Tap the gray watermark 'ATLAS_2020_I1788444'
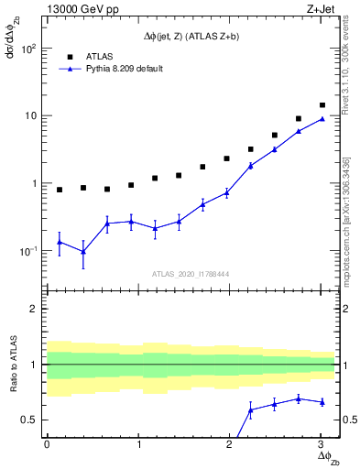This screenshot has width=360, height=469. [190, 273]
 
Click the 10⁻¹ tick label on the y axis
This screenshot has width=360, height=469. [27, 251]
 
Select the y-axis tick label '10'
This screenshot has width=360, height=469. [29, 116]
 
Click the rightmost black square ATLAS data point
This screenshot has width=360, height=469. [322, 105]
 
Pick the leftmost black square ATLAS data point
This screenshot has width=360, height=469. [60, 190]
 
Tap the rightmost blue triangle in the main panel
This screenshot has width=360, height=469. [322, 118]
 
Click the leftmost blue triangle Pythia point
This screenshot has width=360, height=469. [60, 242]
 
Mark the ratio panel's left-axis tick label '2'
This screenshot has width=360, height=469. [34, 309]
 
